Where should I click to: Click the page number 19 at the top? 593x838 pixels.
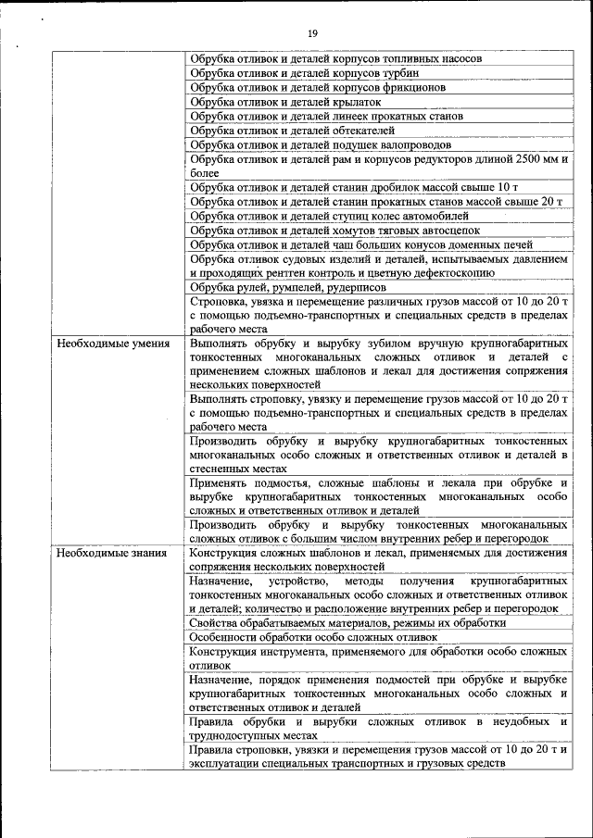pyautogui.click(x=312, y=34)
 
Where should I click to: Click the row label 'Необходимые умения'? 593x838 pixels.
pyautogui.click(x=113, y=344)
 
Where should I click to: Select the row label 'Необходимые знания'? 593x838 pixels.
pyautogui.click(x=112, y=554)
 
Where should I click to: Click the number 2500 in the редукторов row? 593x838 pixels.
pyautogui.click(x=525, y=159)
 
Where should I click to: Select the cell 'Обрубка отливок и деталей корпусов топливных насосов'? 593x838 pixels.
pyautogui.click(x=335, y=58)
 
